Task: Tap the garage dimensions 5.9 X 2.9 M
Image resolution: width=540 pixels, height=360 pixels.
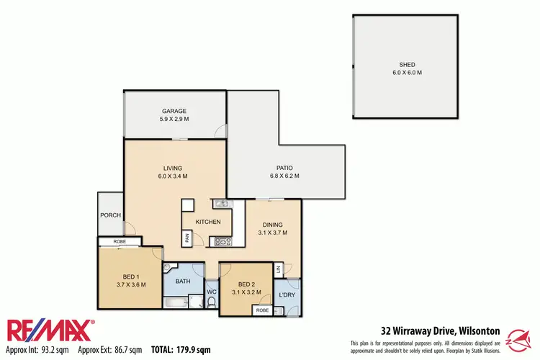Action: [x=174, y=120]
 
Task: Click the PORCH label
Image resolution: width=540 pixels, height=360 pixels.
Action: [x=110, y=214]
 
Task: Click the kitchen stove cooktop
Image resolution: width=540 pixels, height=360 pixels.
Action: [x=222, y=242]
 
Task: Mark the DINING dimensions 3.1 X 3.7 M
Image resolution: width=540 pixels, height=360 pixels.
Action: [x=273, y=233]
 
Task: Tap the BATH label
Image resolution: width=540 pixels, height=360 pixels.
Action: [x=183, y=281]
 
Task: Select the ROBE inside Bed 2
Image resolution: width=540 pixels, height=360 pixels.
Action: [x=262, y=310]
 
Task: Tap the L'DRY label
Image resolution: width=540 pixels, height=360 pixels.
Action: [x=287, y=296]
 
